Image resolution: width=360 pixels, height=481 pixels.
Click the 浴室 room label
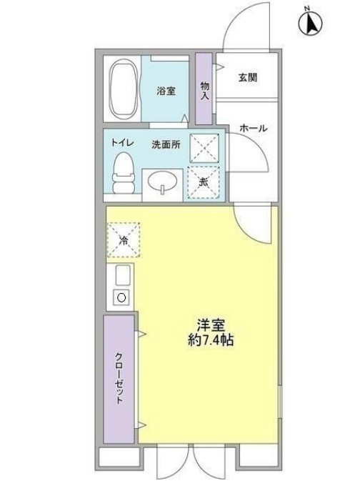point(167,91)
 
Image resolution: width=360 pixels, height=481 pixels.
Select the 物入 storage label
point(204,89)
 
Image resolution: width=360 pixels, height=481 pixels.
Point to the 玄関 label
point(248,77)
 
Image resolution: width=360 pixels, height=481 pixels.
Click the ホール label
point(253,129)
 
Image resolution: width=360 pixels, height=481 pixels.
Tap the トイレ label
point(121,143)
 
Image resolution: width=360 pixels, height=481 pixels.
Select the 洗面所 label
point(166,144)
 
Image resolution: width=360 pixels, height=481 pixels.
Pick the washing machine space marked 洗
point(203,182)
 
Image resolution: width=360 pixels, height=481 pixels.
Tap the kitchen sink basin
point(122,274)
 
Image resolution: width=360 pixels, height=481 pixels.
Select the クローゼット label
point(119,379)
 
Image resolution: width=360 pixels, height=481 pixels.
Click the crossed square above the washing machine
point(203,148)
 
